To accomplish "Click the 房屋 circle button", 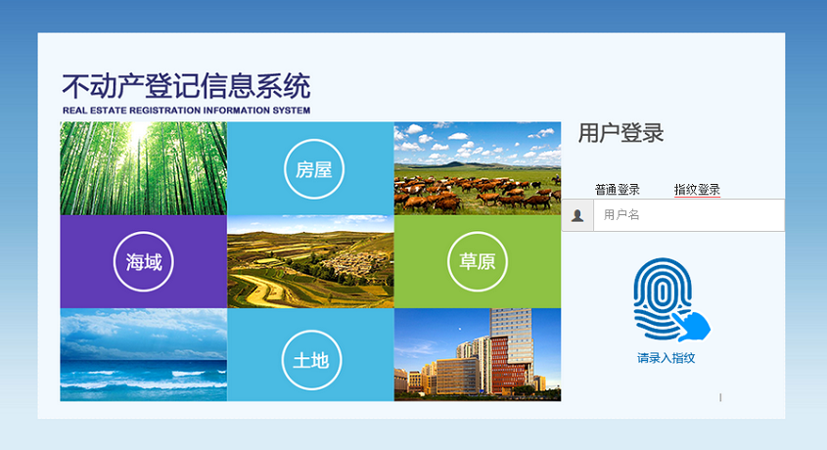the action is (314, 168).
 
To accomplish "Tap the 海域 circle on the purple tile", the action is (144, 261).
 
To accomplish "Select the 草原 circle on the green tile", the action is (478, 261).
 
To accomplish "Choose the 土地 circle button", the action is (311, 360).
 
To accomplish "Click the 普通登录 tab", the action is (618, 190).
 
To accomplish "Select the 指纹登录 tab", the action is (697, 190).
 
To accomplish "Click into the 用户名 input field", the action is (689, 215).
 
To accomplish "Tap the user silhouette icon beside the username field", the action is (577, 215).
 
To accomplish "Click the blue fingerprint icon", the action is (670, 299).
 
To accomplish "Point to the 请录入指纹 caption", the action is (666, 358).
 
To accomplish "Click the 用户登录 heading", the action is (620, 133).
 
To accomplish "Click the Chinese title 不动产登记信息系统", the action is (186, 86).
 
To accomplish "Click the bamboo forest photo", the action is (144, 168).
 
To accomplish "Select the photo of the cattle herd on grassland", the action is (478, 168).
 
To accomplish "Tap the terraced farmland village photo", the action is (310, 261).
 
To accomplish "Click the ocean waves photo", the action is (144, 355).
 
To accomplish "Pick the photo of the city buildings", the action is (478, 355).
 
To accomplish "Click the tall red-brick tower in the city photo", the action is (510, 364).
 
